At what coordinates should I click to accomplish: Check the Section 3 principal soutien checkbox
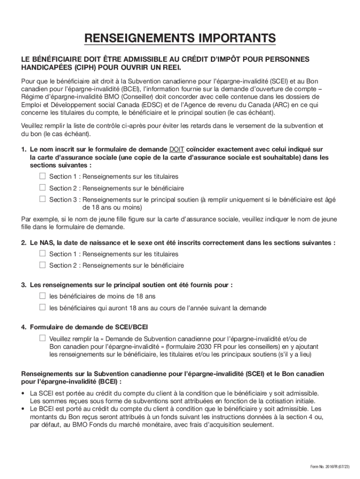[43, 199]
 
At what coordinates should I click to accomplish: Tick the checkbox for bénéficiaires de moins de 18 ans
[43, 296]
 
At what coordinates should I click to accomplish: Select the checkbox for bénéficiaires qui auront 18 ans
[43, 307]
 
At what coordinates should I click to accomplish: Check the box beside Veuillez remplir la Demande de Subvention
[43, 338]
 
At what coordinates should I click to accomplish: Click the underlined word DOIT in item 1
[176, 149]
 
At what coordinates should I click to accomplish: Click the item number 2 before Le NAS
[23, 243]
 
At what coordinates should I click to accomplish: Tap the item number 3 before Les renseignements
[23, 285]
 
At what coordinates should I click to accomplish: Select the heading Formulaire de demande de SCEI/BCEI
[89, 327]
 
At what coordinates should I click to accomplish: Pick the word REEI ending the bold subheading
[166, 68]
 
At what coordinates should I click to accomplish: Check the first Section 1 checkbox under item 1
[43, 176]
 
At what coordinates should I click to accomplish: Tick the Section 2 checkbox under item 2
[43, 265]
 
